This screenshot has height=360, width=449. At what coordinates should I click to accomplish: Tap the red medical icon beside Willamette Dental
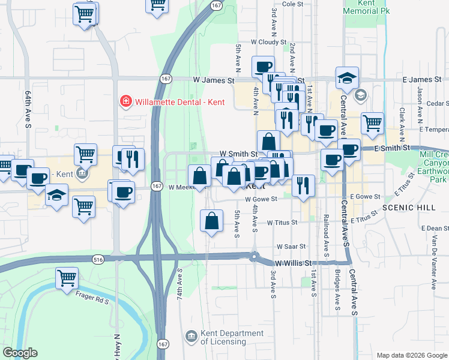(126, 101)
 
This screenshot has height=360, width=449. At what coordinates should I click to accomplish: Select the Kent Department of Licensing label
(223, 338)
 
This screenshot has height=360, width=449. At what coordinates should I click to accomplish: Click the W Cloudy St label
(269, 42)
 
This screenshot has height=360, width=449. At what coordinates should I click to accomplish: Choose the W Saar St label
(291, 247)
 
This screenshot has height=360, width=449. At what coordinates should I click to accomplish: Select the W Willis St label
(295, 263)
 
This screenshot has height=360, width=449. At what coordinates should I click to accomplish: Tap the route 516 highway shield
(98, 259)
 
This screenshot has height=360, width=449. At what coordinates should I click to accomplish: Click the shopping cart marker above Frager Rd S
(67, 278)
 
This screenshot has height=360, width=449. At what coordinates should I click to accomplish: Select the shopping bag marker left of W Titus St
(211, 220)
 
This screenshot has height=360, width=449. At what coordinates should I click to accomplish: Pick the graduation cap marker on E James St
(347, 77)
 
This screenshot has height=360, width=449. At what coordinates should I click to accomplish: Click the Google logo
(20, 353)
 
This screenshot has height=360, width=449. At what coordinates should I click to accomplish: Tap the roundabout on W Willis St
(256, 259)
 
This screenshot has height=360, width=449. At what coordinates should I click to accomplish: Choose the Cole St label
(292, 4)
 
